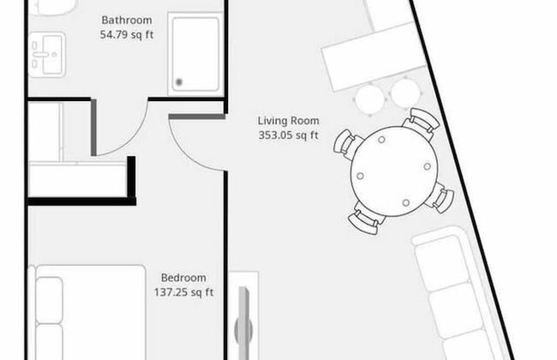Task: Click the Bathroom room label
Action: click(127, 20)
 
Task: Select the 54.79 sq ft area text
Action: click(127, 35)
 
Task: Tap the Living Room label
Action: click(287, 120)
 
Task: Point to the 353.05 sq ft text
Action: click(287, 135)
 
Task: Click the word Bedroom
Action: click(183, 278)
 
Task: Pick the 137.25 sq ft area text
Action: click(183, 292)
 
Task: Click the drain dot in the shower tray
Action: click(179, 82)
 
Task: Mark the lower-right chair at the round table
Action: click(440, 199)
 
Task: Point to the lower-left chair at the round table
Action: click(366, 220)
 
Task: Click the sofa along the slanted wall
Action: click(458, 291)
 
